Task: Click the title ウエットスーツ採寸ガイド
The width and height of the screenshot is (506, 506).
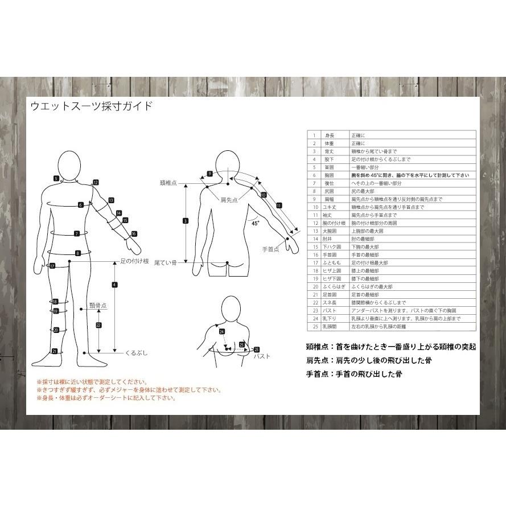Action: point(91,106)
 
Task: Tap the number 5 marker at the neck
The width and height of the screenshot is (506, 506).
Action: point(56,178)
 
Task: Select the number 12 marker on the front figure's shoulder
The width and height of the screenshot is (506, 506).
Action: point(96,183)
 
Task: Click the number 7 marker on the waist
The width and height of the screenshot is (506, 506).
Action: point(77,233)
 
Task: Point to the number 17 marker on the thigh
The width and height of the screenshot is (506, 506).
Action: point(52,266)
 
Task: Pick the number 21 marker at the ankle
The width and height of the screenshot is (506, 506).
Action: point(55,351)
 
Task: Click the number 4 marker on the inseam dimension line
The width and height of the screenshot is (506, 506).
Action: point(114,285)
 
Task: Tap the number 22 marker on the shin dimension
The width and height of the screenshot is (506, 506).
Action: point(98,325)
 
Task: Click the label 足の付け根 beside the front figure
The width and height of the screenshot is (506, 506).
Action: point(134,261)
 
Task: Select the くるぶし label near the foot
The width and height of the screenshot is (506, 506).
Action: point(136,353)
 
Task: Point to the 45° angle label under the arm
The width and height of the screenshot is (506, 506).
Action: point(255,224)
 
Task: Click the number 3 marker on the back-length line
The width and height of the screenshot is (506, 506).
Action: point(186,220)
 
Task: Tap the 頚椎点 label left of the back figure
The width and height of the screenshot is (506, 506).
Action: point(168,183)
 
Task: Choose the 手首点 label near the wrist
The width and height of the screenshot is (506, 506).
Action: point(270,250)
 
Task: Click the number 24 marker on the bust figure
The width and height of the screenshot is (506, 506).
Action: point(222,331)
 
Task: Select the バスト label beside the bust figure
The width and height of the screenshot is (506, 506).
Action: point(261,356)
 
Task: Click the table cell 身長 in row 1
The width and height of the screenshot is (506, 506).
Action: point(330,135)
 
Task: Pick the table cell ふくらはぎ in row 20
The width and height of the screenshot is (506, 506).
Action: point(334,287)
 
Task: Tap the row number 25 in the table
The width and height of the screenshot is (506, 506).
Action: point(314,327)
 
